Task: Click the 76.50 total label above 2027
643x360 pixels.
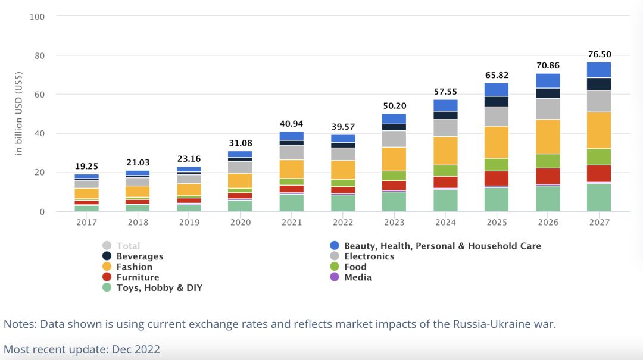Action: [598, 55]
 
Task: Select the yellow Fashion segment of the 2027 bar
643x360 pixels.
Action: [598, 130]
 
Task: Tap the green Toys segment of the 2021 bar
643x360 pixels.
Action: [292, 202]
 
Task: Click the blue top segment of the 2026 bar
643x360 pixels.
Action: [548, 80]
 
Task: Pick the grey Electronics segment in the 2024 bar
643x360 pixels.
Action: [445, 128]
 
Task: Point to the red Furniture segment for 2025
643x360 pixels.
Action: [497, 178]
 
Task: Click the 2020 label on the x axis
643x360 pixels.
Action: [240, 222]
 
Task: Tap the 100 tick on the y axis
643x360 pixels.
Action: [37, 17]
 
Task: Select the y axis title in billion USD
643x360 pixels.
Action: [20, 114]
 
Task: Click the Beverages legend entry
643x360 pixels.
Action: [139, 256]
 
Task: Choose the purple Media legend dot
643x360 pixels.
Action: [334, 277]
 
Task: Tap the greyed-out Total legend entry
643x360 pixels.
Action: [128, 246]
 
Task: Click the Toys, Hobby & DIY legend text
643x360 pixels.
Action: [159, 288]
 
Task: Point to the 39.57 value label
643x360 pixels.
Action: [343, 127]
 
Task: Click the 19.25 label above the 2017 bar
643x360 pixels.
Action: [86, 167]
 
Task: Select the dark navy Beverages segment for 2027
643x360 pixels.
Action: [598, 84]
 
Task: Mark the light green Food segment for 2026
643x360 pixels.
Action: [548, 161]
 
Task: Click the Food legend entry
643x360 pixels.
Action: [355, 267]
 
